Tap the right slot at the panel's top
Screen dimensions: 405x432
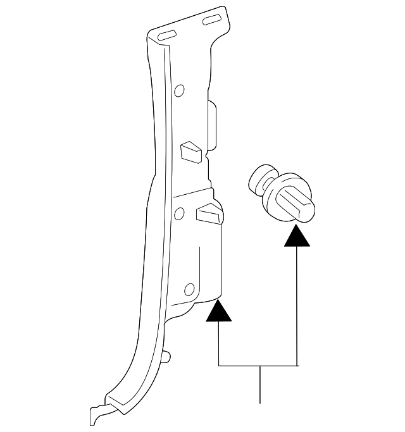(x=211, y=21)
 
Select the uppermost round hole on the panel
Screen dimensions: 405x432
(x=180, y=90)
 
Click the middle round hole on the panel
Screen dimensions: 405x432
(x=180, y=214)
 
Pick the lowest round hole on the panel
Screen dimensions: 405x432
(x=189, y=290)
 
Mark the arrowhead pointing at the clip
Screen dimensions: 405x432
(x=297, y=237)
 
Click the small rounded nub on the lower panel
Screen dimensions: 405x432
(x=167, y=357)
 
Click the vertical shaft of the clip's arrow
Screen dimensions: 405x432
(x=297, y=304)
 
